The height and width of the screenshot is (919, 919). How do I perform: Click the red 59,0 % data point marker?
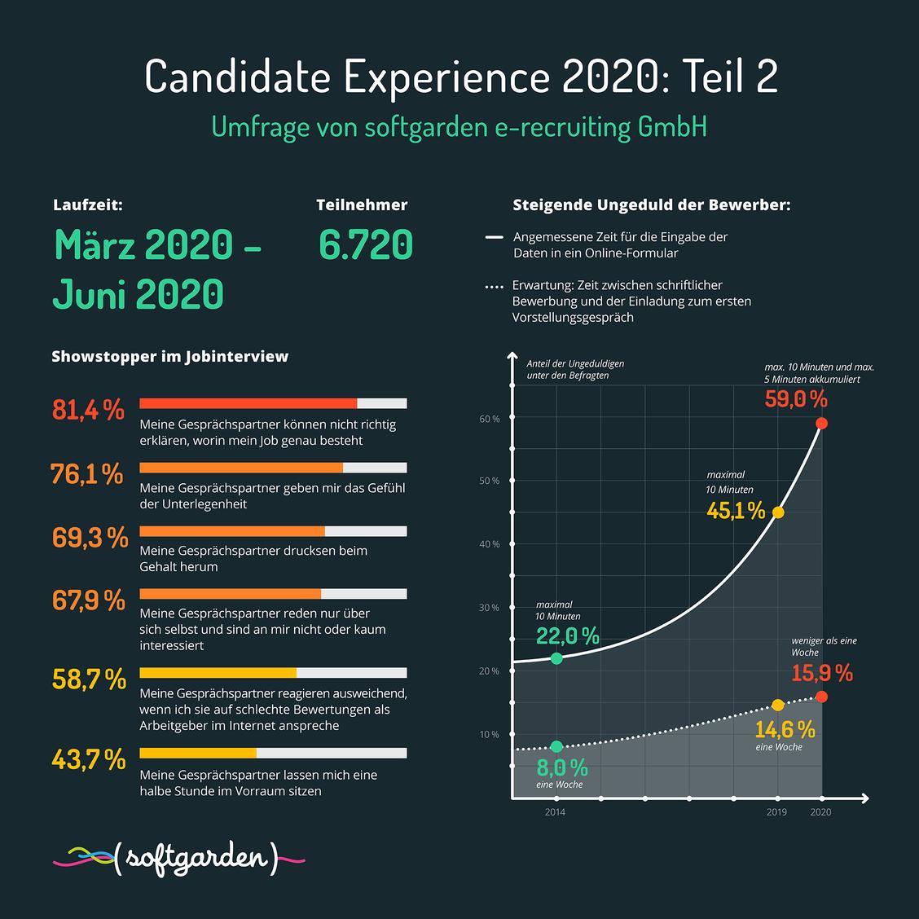[x=822, y=423]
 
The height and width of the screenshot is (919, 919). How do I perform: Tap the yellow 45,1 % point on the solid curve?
[x=778, y=512]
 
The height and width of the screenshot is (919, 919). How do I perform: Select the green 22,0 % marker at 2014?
[x=556, y=659]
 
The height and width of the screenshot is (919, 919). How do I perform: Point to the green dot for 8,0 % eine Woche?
[x=556, y=746]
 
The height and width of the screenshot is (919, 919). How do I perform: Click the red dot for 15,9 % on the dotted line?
[x=822, y=697]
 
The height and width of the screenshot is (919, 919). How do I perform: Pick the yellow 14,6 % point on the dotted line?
[x=778, y=705]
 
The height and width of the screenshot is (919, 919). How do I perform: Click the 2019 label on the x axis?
[x=776, y=811]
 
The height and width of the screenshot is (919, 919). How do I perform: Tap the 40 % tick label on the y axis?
[x=490, y=544]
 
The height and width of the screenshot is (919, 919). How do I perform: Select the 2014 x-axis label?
[x=555, y=811]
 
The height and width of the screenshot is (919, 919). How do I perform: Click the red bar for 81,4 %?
[x=248, y=403]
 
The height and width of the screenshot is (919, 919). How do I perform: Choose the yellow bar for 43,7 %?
[x=198, y=753]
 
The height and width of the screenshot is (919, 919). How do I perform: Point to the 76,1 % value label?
[x=86, y=473]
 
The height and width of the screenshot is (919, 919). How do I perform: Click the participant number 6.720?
[x=366, y=244]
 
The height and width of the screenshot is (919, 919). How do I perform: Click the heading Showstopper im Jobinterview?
[x=170, y=356]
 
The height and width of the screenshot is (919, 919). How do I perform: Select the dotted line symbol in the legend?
[x=494, y=287]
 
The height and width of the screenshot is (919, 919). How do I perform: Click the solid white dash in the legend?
[x=494, y=237]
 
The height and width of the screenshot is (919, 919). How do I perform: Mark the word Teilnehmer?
[x=362, y=205]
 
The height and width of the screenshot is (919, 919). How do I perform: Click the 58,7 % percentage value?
[x=89, y=679]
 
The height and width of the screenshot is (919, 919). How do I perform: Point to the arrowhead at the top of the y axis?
[x=512, y=356]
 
